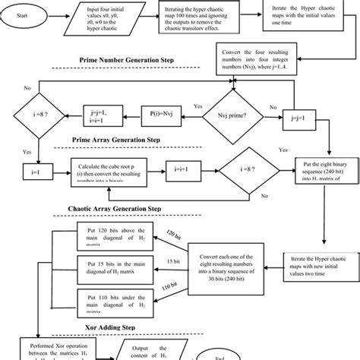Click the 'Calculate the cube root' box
pyautogui.click(x=112, y=170)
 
